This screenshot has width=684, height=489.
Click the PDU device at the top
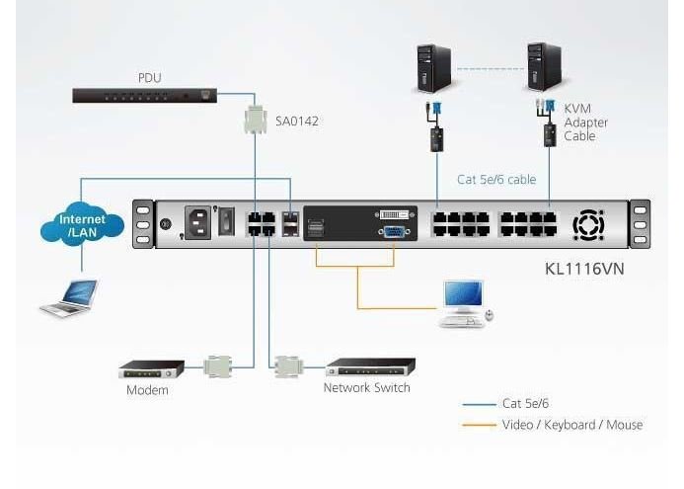click(144, 96)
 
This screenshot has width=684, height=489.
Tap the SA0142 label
click(297, 122)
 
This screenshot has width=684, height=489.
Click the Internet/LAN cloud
click(82, 226)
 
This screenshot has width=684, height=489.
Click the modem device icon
click(151, 369)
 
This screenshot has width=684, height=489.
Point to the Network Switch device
click(370, 367)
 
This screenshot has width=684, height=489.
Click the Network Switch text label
click(366, 388)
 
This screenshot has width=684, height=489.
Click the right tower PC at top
click(544, 66)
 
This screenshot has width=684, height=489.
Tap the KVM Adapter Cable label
click(585, 122)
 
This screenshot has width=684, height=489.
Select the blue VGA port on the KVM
click(393, 232)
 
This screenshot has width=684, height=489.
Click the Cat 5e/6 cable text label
click(497, 180)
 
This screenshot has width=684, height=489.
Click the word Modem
click(147, 390)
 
